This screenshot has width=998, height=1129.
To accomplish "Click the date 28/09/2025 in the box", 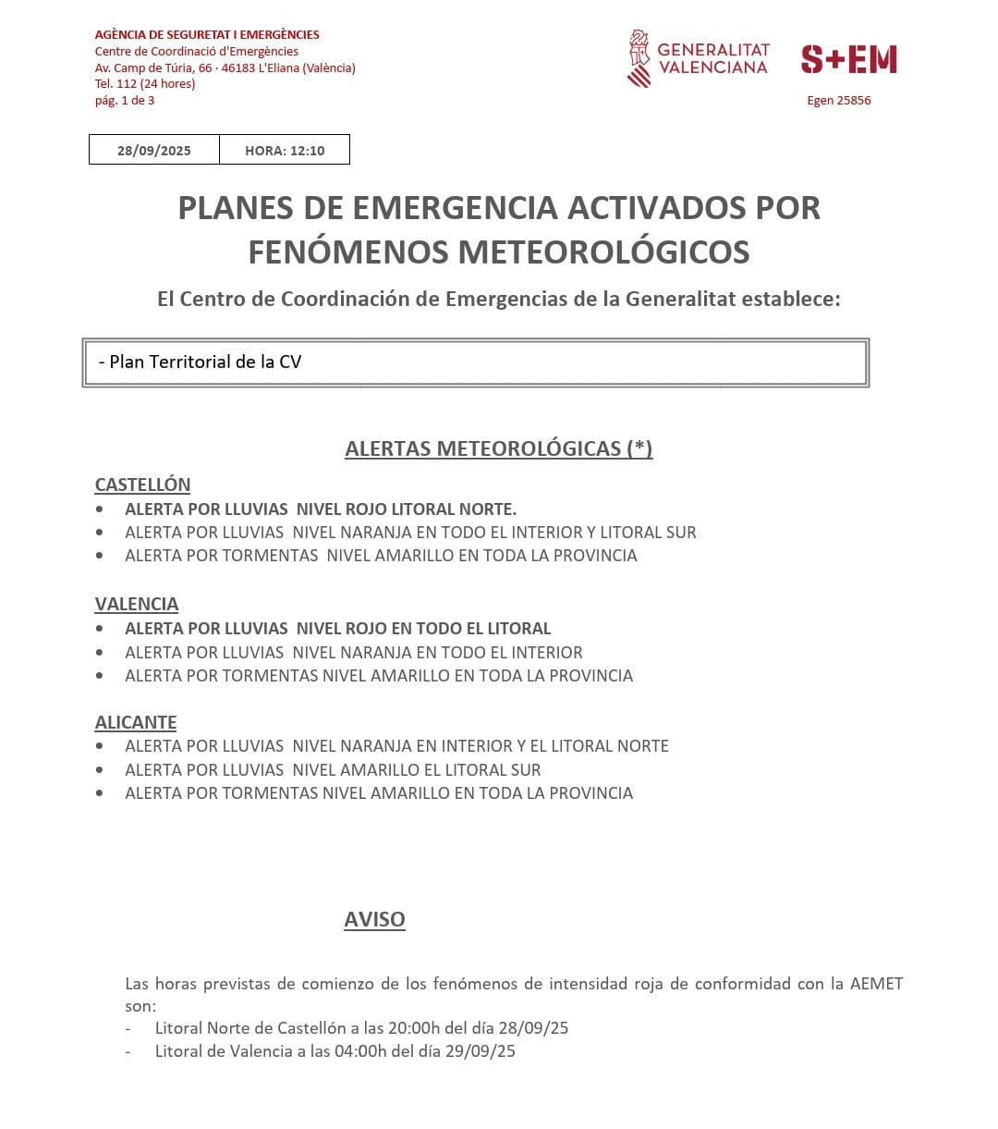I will [153, 151].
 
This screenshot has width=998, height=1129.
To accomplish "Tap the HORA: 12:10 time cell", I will [285, 151].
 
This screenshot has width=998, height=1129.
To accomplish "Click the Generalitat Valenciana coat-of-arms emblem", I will [639, 58].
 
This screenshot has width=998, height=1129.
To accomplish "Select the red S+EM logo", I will [848, 59].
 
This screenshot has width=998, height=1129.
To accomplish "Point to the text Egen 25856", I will [838, 101].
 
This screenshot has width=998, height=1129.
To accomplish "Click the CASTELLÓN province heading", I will [142, 485].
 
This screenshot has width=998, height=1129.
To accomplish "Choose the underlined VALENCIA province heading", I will [137, 604].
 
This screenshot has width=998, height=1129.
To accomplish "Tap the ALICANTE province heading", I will [136, 722].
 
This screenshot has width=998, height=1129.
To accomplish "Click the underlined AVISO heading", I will [374, 919].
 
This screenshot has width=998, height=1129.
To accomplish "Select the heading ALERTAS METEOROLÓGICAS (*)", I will [499, 448].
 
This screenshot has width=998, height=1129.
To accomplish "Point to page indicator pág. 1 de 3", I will [125, 101].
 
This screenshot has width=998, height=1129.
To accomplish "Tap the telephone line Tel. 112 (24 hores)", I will [145, 84].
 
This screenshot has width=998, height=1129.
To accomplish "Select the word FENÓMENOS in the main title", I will [347, 252].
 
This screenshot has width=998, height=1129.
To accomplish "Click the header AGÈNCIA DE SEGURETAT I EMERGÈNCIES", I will [207, 34].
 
